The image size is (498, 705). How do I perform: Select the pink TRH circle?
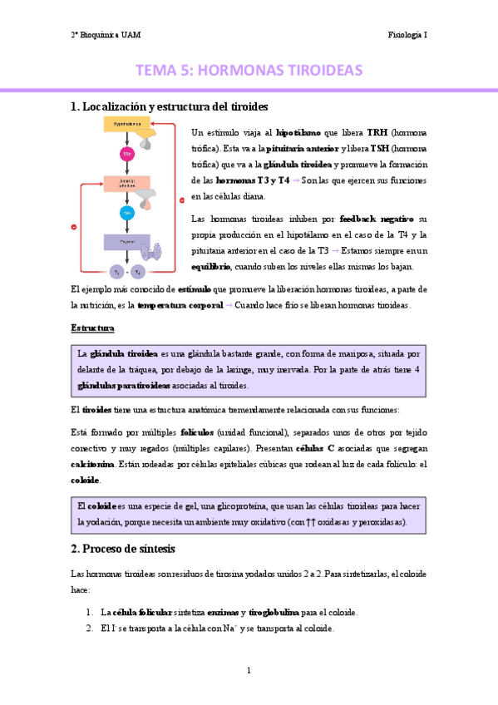tap(128, 155)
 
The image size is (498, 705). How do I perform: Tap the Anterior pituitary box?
tap(126, 185)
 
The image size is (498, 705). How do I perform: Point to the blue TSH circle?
tap(128, 213)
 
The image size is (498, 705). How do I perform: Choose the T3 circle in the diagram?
tap(117, 271)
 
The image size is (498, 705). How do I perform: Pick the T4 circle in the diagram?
tap(138, 271)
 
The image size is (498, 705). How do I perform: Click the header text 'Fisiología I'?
tap(407, 35)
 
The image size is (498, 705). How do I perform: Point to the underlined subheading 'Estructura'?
tap(92, 328)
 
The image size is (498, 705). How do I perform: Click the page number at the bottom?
tap(249, 670)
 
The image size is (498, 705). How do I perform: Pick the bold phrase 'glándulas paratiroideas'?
tap(122, 386)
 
